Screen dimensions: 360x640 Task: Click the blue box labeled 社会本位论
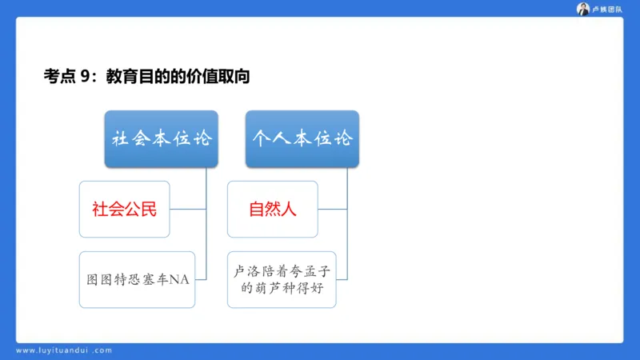point(161,138)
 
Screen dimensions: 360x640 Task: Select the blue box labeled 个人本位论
point(302,138)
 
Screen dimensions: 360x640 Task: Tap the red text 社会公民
point(124,210)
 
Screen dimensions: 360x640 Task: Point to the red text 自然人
point(273,210)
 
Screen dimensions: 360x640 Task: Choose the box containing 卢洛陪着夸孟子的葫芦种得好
point(281,280)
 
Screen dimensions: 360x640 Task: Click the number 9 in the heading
point(86,77)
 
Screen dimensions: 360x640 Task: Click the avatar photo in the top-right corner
point(583,9)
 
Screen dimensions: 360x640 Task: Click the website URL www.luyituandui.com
point(64,350)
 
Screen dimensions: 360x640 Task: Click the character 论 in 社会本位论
point(202,138)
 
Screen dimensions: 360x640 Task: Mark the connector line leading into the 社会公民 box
point(188,210)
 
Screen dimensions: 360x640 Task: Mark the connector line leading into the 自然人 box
point(332,210)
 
